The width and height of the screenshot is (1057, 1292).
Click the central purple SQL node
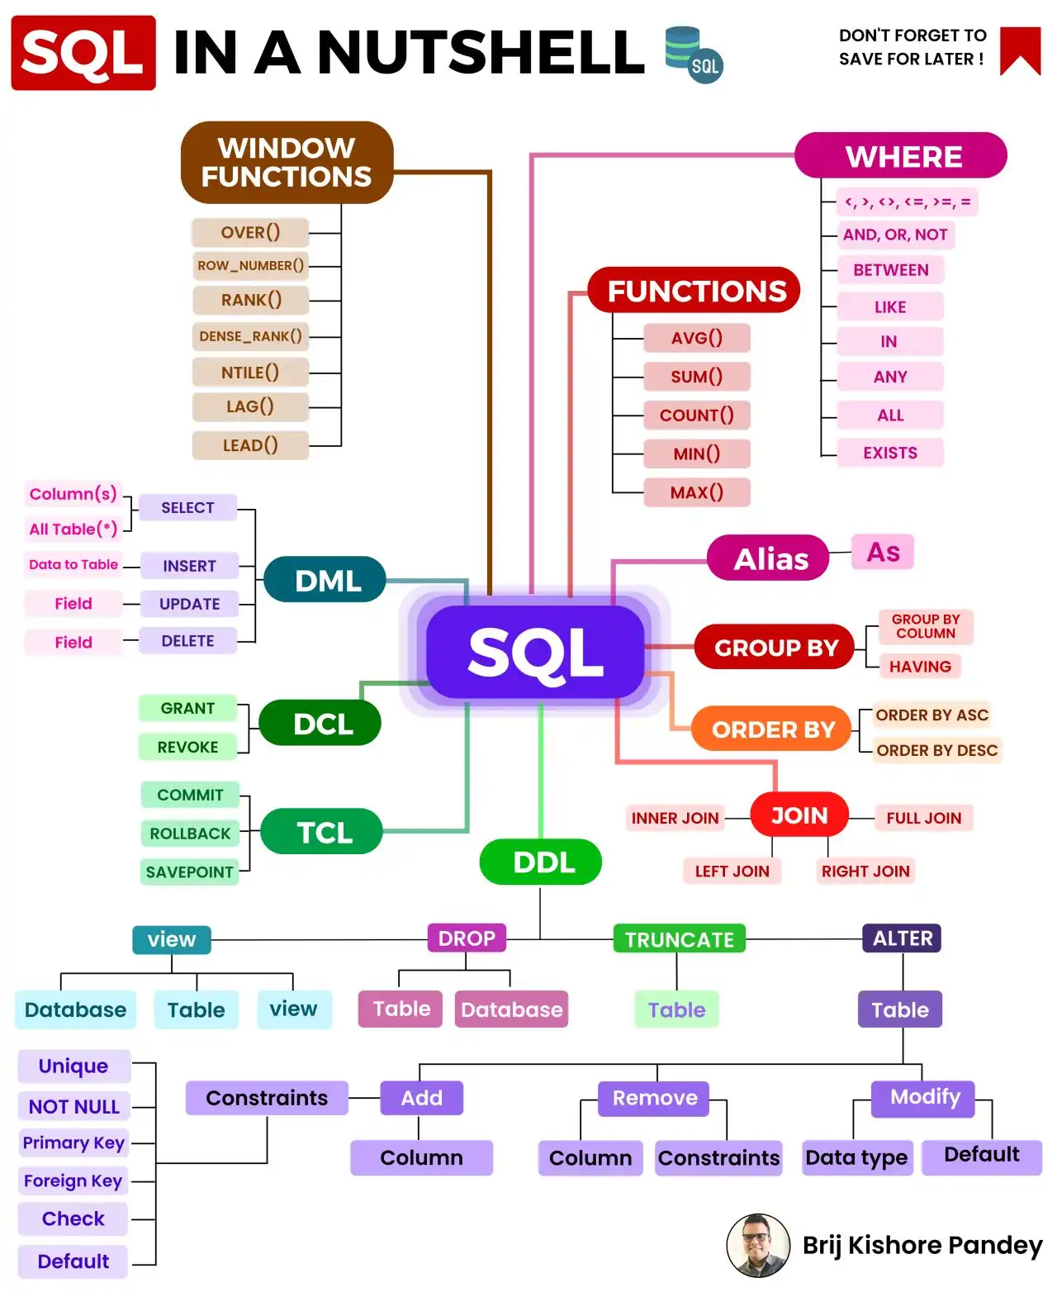(x=535, y=652)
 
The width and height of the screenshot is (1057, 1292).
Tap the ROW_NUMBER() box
(x=250, y=266)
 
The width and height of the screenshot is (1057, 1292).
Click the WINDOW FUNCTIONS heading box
(x=287, y=162)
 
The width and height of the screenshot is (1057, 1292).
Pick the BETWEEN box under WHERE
(x=890, y=270)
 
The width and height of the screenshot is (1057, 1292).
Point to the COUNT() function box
(x=696, y=415)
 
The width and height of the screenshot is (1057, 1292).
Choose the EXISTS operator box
(x=889, y=453)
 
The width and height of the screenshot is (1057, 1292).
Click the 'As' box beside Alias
(x=883, y=552)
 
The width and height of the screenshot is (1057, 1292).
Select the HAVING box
(x=920, y=667)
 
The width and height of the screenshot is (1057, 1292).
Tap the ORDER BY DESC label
(x=936, y=750)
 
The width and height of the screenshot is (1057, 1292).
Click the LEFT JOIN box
(x=732, y=871)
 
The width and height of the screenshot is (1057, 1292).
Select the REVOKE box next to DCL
(x=187, y=747)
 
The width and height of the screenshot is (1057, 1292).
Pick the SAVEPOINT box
(x=189, y=872)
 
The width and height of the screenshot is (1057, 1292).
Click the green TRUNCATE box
(x=679, y=939)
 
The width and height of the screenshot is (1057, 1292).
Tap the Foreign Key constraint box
(x=73, y=1180)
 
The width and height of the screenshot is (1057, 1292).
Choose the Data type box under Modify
(x=856, y=1157)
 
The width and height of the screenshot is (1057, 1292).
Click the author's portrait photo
(x=758, y=1245)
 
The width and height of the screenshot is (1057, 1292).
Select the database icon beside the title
(x=693, y=54)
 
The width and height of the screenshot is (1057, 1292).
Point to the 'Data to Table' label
(x=73, y=565)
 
